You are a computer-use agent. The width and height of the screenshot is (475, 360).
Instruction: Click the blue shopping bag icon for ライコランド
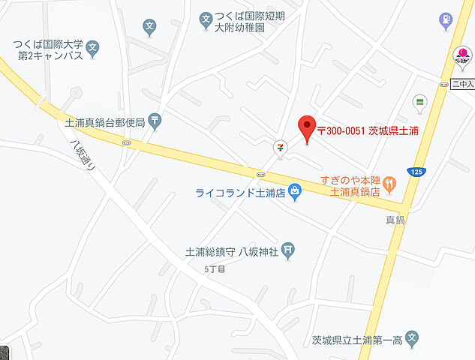(x=296, y=193)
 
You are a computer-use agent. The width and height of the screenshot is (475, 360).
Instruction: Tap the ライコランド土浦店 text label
(x=239, y=193)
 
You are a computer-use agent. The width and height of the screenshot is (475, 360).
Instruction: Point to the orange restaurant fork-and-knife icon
(x=389, y=182)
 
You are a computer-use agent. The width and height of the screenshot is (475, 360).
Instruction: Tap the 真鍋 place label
(x=395, y=220)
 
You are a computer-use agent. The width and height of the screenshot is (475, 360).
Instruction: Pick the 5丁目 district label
(x=215, y=268)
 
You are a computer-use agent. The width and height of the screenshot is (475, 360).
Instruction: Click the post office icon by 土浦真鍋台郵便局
(x=154, y=118)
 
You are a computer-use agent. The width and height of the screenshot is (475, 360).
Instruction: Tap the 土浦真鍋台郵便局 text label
(x=102, y=119)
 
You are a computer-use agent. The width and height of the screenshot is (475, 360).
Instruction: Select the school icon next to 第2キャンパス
(x=92, y=49)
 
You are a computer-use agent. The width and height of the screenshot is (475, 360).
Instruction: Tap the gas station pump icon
(x=446, y=19)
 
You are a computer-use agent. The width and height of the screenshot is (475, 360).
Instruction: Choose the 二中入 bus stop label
(x=462, y=84)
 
